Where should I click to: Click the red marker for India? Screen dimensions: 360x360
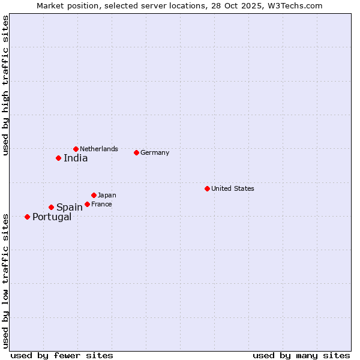click(x=58, y=158)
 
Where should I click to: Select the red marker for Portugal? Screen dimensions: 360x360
click(x=27, y=217)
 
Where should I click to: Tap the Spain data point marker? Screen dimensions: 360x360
click(x=51, y=207)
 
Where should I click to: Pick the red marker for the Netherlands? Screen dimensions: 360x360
click(x=76, y=149)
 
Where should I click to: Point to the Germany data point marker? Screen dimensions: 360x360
click(x=136, y=152)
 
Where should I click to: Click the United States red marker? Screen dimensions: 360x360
click(x=207, y=188)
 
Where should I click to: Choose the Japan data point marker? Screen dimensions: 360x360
click(x=94, y=195)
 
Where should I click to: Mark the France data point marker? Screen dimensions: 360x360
click(x=87, y=204)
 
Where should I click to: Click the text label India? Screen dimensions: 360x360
click(x=76, y=158)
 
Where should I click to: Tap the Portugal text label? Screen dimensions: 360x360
click(x=52, y=217)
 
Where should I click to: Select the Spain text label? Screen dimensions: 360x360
click(x=69, y=208)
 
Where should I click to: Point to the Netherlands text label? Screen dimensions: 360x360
click(x=99, y=149)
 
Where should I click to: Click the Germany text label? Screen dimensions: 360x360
click(x=155, y=152)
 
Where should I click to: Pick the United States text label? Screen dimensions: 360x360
click(x=233, y=188)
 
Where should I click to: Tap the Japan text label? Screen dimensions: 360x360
click(x=107, y=195)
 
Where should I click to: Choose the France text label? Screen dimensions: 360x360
click(x=101, y=204)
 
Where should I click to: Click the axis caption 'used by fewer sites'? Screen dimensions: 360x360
click(x=62, y=355)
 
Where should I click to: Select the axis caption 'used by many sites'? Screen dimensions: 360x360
click(x=301, y=355)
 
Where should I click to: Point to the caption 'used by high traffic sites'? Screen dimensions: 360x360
click(x=5, y=86)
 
